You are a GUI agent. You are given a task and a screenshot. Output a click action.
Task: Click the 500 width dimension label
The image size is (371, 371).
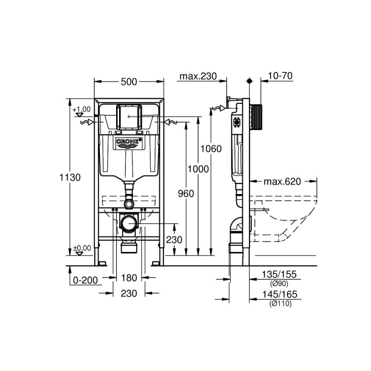pos(129,82)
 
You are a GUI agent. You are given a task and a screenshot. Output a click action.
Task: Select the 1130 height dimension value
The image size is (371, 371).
pos(70,177)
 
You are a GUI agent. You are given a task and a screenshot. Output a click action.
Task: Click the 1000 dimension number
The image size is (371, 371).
pos(198,169)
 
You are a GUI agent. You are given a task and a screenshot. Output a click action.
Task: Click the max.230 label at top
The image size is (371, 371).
pos(198,76)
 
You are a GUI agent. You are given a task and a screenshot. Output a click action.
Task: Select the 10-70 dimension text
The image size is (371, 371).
pos(280,76)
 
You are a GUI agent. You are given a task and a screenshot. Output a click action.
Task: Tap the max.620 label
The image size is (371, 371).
pos(283,182)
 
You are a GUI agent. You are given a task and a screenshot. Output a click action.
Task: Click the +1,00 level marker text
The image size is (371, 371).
pos(82,110)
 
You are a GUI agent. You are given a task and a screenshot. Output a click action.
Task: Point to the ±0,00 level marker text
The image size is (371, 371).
pos(82,247)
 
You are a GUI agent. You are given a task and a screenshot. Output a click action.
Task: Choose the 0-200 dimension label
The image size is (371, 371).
pos(86,280)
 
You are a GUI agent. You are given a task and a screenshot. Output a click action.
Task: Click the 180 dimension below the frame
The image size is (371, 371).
pos(129,278)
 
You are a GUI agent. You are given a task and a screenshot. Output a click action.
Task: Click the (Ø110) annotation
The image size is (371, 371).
pos(281,304)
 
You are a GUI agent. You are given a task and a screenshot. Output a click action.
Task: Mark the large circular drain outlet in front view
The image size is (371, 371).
pos(129,223)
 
